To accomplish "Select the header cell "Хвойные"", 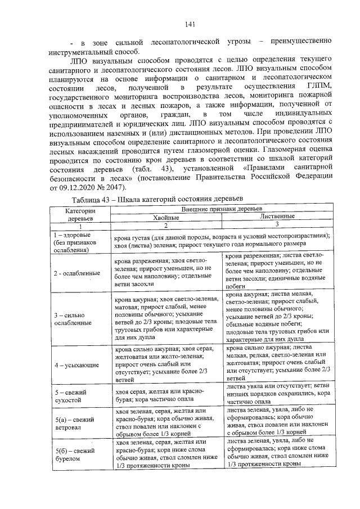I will click(166, 217).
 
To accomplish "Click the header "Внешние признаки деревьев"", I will click(222, 209).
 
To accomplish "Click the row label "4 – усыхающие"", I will click(78, 365).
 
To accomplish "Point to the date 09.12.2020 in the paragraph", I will click(81, 187).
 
